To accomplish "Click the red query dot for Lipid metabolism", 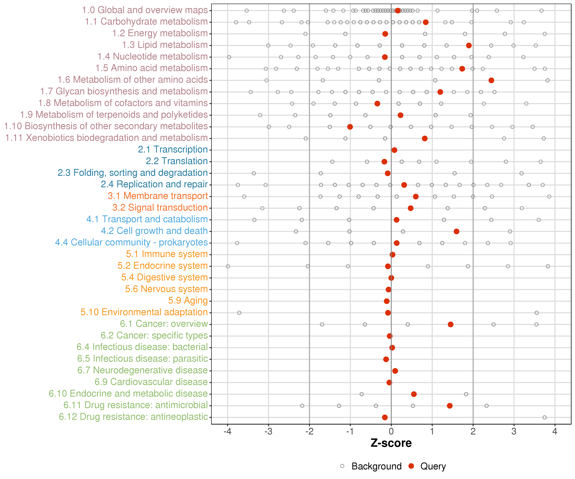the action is pyautogui.click(x=469, y=46).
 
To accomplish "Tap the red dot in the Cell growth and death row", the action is pyautogui.click(x=456, y=231).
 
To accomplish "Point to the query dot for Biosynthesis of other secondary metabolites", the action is pyautogui.click(x=350, y=127).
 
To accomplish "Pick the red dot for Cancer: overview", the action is pyautogui.click(x=450, y=324).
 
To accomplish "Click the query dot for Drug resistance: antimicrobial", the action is pyautogui.click(x=450, y=406).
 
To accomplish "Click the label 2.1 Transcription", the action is pyautogui.click(x=173, y=149).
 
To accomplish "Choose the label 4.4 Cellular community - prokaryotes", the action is pyautogui.click(x=131, y=243).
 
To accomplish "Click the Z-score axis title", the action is pyautogui.click(x=391, y=443).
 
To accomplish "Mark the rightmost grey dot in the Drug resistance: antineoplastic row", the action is pyautogui.click(x=545, y=417).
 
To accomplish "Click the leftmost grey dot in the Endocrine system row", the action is pyautogui.click(x=228, y=266).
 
